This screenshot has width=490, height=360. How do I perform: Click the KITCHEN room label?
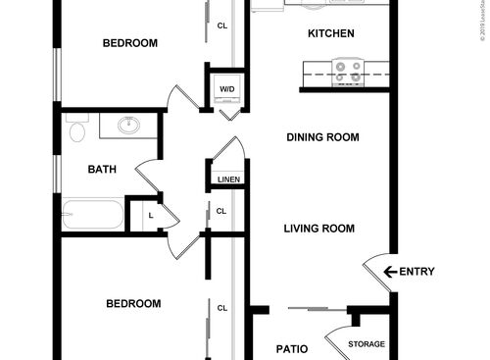point(330,34)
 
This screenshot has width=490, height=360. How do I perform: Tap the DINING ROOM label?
point(322,137)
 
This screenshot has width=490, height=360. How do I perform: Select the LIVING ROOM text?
point(318,229)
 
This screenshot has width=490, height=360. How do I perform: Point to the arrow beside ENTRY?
point(389,272)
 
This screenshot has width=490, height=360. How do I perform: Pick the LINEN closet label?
point(228,180)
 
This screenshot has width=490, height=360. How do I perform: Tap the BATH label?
point(102,170)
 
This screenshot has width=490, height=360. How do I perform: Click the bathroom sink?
point(127,126)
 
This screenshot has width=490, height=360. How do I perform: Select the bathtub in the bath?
point(93,215)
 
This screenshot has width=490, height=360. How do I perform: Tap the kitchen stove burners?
point(348,71)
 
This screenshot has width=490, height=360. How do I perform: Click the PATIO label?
point(291,348)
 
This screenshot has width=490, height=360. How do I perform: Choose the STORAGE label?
point(367,344)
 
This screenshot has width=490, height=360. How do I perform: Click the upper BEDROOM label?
point(130,43)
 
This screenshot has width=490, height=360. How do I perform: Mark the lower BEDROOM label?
point(132,304)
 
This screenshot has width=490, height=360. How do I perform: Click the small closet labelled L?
point(150,215)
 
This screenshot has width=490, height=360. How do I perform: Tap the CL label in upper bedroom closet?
point(221,26)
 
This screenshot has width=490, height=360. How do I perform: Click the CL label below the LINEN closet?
point(221,211)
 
